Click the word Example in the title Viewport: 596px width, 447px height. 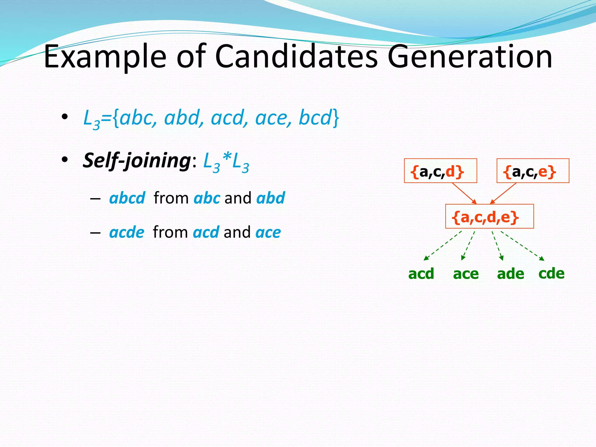(x=105, y=57)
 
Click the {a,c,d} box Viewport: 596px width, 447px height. (x=440, y=171)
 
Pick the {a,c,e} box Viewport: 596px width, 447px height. (x=533, y=171)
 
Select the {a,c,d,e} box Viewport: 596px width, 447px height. (x=489, y=217)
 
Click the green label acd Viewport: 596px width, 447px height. (x=421, y=274)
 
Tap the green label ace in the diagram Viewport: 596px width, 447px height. (x=466, y=274)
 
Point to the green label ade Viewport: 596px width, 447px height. (x=510, y=274)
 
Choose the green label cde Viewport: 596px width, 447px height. (x=551, y=273)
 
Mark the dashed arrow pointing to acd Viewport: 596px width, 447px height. (x=442, y=246)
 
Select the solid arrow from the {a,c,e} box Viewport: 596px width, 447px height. (x=503, y=193)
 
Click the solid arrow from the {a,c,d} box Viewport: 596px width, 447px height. (x=464, y=193)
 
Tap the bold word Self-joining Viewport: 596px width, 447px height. (x=136, y=160)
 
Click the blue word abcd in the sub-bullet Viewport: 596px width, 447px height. (x=127, y=198)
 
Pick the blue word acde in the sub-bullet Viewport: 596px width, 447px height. (x=127, y=232)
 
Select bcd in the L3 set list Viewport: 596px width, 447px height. (x=315, y=118)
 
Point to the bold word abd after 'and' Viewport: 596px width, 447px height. (x=271, y=198)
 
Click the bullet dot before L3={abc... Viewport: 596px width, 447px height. (x=65, y=117)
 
